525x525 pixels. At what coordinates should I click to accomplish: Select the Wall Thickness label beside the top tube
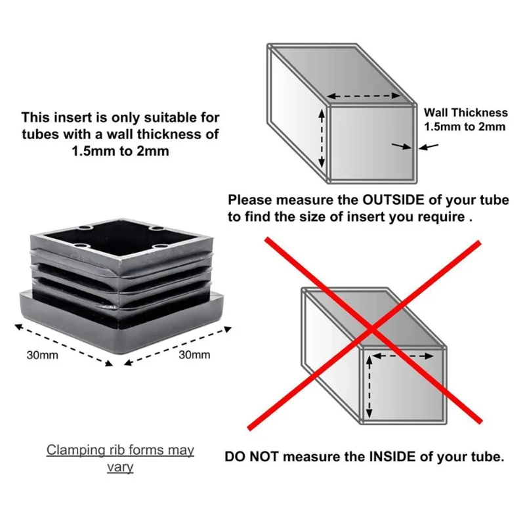(465, 113)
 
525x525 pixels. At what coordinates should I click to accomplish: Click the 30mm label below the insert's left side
(43, 355)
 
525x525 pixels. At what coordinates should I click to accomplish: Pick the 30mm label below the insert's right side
(194, 355)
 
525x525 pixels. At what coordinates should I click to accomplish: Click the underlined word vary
(120, 467)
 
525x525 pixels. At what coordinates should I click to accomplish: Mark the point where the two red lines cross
(371, 328)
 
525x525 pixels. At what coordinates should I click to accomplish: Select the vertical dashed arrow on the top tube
(322, 138)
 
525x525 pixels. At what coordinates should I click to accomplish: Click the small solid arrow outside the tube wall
(429, 147)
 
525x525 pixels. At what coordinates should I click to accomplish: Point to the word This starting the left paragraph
(35, 118)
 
